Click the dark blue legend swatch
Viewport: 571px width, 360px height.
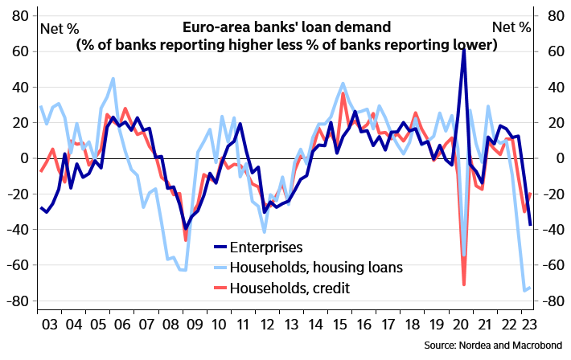[x=221, y=247]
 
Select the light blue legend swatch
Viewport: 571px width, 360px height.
[x=221, y=268]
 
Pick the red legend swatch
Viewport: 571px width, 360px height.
[x=221, y=287]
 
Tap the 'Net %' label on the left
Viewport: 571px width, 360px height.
[x=60, y=27]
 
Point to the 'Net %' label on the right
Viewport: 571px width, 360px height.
[x=511, y=27]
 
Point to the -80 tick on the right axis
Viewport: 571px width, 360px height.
[x=554, y=301]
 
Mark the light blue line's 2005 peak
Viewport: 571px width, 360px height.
[x=113, y=78]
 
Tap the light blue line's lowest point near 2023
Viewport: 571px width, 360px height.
[x=524, y=291]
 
